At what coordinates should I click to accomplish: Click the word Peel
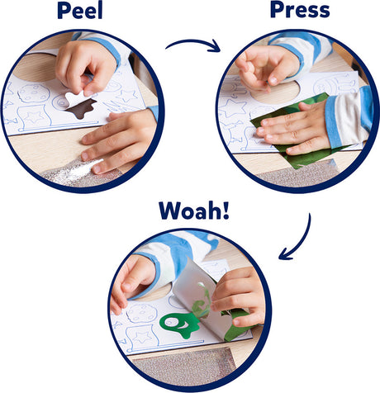80,10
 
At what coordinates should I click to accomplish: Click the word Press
300,10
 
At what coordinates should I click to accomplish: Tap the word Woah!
194,211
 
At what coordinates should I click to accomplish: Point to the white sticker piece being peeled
78,98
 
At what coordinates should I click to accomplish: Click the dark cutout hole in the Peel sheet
82,110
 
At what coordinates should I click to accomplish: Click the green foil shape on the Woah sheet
180,324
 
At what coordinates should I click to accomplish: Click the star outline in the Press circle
233,110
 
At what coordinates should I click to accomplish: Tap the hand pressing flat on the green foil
296,130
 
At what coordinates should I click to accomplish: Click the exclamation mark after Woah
226,211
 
